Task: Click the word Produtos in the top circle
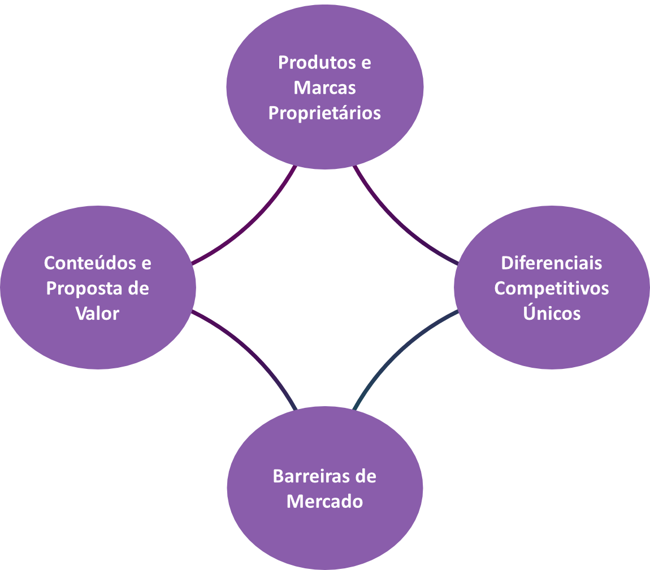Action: (317, 63)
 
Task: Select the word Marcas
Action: (324, 88)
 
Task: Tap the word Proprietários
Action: (324, 113)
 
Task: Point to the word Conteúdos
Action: (90, 263)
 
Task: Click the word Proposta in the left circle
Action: (84, 289)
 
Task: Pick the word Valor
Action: (97, 314)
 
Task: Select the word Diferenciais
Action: (551, 263)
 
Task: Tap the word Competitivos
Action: (551, 289)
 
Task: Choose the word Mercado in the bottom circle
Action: (324, 502)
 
